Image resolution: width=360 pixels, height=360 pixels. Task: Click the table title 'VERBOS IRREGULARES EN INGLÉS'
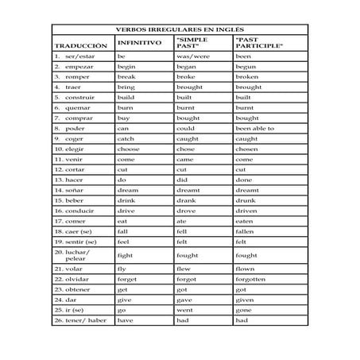180,29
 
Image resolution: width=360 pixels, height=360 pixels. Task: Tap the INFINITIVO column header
139,42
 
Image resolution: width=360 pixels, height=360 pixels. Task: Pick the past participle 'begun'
246,67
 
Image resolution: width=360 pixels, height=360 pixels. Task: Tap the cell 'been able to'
254,127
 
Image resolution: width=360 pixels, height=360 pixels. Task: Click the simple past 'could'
186,127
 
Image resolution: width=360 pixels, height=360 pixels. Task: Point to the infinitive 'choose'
129,148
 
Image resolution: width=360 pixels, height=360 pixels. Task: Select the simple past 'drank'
186,200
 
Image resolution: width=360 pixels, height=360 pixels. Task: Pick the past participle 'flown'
246,269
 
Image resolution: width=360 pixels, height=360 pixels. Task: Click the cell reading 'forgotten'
251,279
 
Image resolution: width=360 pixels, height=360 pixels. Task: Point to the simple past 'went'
185,310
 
